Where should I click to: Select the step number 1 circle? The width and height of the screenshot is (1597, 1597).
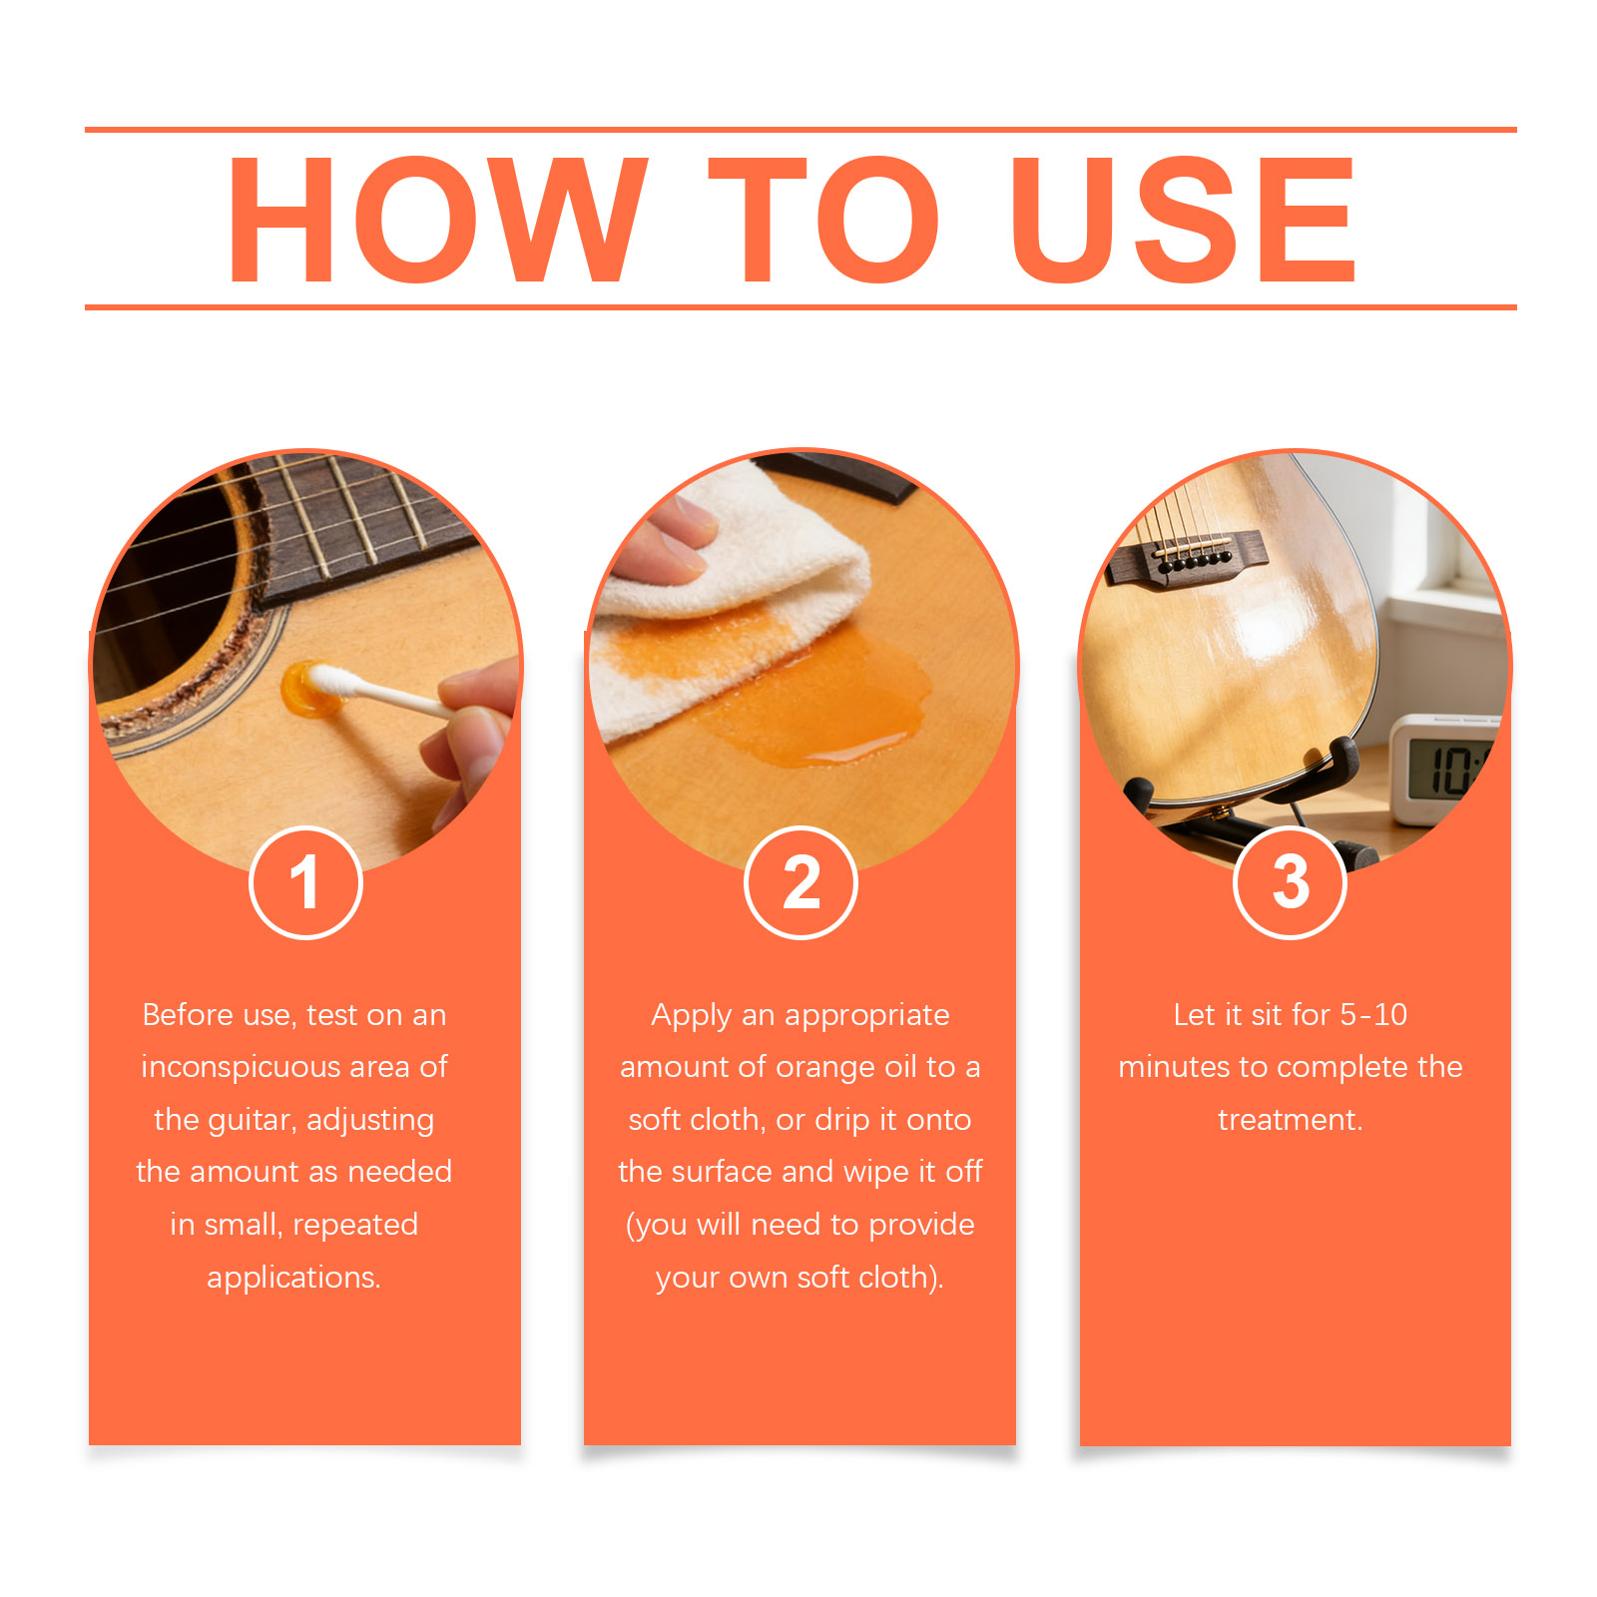click(305, 882)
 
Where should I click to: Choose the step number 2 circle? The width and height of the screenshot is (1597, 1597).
click(800, 882)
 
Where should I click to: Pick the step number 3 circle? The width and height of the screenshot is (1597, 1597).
click(1290, 882)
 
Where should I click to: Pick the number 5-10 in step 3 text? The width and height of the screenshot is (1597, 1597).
click(1373, 1015)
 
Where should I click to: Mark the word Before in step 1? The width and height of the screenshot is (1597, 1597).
click(188, 1015)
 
